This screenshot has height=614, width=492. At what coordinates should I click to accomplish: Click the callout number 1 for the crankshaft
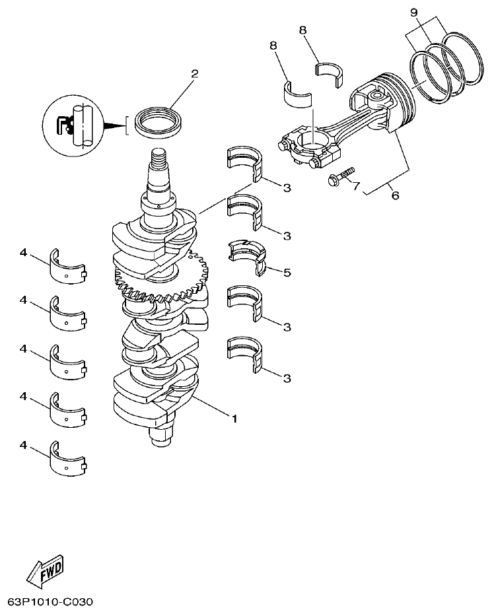click(x=233, y=417)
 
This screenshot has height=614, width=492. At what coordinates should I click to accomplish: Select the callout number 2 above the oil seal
click(x=195, y=73)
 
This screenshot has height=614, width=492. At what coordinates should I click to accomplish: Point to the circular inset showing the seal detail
click(x=73, y=125)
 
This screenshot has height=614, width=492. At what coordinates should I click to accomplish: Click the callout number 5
click(x=287, y=272)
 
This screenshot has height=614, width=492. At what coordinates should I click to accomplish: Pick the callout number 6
click(x=396, y=196)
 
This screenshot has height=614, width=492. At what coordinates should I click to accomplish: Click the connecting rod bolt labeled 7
click(x=339, y=174)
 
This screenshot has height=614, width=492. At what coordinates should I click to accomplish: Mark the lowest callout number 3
click(x=287, y=378)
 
